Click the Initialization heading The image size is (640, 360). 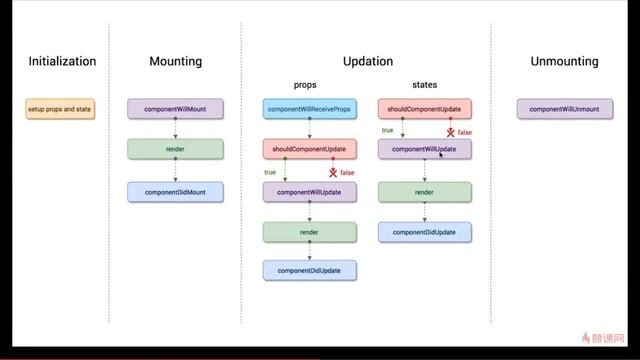tap(62, 61)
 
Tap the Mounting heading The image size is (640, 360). tap(175, 61)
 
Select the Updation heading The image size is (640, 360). tap(367, 61)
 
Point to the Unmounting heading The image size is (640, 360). tap(565, 61)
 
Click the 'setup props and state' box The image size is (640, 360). tap(61, 108)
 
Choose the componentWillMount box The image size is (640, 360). tap(175, 108)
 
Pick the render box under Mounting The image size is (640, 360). tap(175, 150)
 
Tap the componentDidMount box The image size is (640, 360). tap(175, 191)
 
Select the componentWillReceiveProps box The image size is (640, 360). tap(310, 108)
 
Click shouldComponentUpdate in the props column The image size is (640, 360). tap(310, 150)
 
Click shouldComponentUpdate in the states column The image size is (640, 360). tap(424, 108)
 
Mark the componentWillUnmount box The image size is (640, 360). tap(565, 108)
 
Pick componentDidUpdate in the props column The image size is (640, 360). tap(310, 269)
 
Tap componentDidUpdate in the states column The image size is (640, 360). tap(424, 232)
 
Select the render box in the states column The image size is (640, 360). tap(424, 191)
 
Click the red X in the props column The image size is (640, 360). tap(333, 173)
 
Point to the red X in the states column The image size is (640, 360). tap(450, 131)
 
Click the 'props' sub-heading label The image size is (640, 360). tap(304, 85)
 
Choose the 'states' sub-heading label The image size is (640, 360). tap(424, 85)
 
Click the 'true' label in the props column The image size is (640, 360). tap(270, 172)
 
